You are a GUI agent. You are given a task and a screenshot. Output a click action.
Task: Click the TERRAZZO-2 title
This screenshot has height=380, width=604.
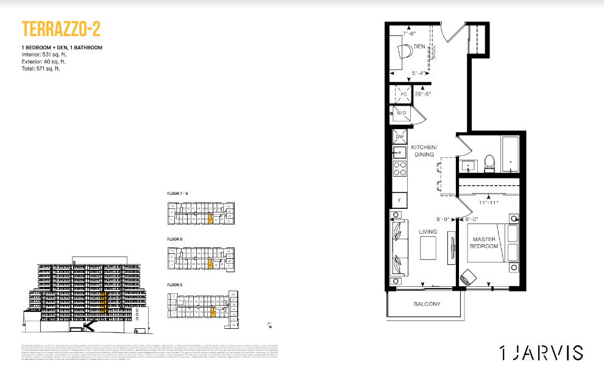tap(60, 29)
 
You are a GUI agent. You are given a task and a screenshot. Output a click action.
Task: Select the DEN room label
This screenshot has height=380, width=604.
tap(419, 46)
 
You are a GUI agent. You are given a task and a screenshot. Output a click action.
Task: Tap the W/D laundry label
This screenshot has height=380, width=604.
tap(402, 113)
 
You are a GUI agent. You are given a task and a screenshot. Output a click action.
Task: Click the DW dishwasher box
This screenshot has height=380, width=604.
tap(400, 137)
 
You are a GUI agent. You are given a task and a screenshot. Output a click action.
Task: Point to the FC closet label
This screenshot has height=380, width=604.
tap(403, 94)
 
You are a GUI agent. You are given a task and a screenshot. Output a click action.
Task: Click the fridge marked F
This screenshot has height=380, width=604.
tap(400, 200)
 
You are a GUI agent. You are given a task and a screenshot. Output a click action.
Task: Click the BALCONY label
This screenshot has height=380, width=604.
tap(427, 304)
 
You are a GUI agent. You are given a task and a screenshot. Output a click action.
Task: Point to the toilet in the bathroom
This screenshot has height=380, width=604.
tap(488, 163)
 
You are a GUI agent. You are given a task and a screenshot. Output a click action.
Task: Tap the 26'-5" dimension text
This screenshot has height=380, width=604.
tap(424, 94)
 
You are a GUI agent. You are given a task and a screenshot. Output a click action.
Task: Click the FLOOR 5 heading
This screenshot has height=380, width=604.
tap(175, 285)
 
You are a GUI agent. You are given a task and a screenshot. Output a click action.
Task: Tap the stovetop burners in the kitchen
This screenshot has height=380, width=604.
tap(400, 169)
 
